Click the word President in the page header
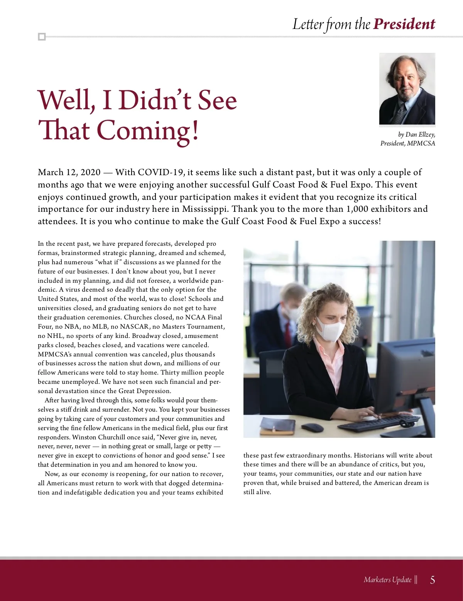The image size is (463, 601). (x=404, y=24)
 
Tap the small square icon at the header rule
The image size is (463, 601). (x=42, y=37)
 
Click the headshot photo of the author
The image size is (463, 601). (x=407, y=89)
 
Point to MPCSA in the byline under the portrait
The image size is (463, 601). (x=421, y=143)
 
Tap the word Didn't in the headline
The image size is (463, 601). (x=155, y=100)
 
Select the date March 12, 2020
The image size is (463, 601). (x=69, y=172)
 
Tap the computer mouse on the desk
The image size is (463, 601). (x=312, y=427)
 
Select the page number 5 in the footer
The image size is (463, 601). (x=433, y=579)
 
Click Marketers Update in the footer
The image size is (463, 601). (x=387, y=579)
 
